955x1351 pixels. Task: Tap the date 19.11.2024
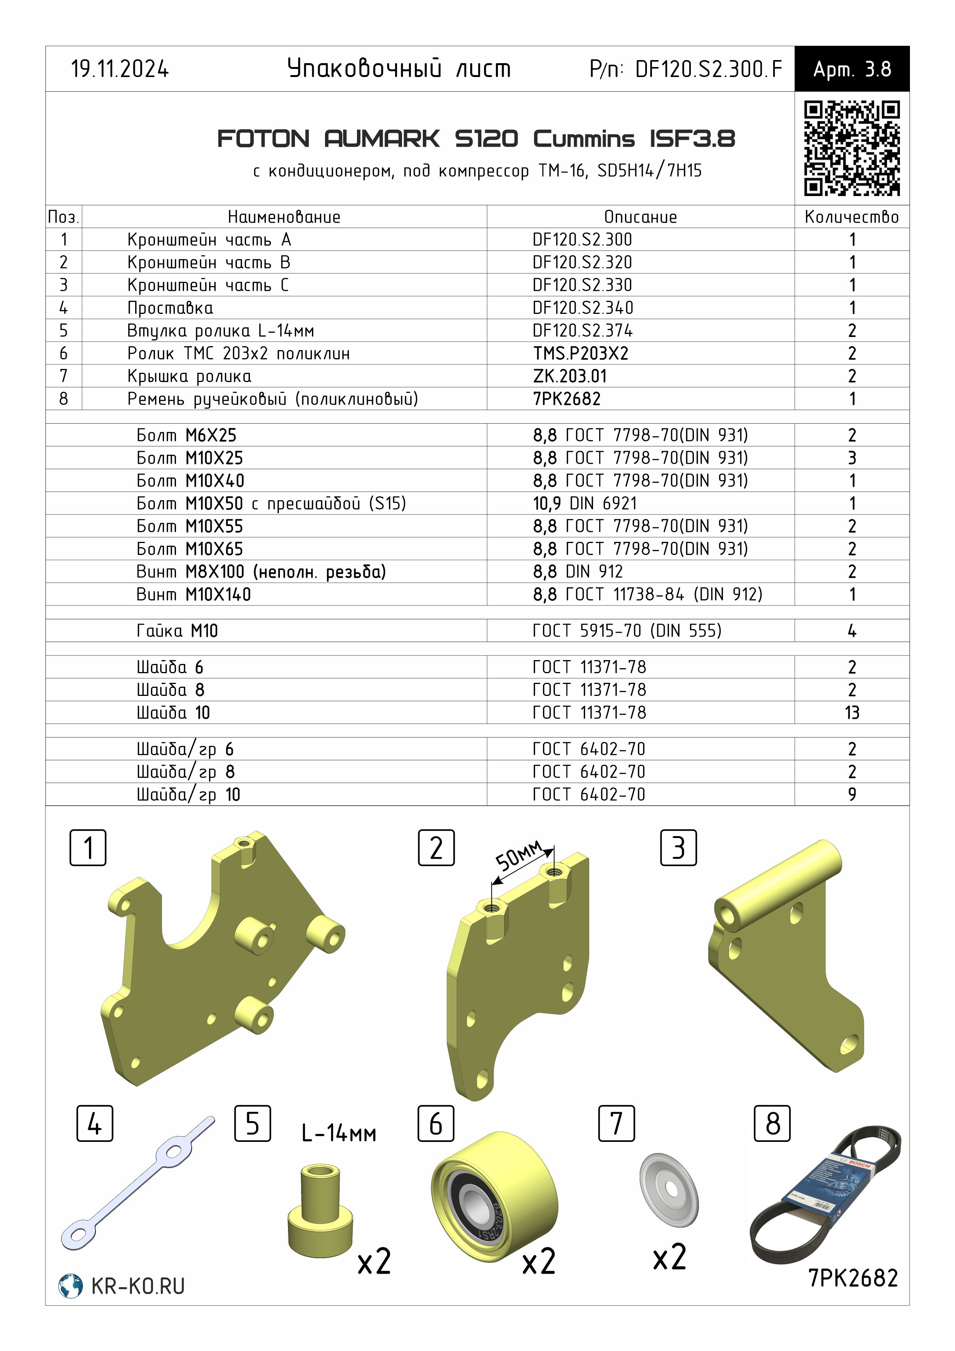point(120,69)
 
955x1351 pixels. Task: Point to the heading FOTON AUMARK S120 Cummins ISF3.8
point(476,139)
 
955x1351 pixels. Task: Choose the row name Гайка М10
point(177,631)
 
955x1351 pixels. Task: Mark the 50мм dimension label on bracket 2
point(518,856)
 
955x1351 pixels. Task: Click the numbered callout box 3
point(679,848)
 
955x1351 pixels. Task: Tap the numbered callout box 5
point(253,1123)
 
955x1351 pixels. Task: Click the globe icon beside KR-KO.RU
point(70,1286)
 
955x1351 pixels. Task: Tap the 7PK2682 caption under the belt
point(853,1278)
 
